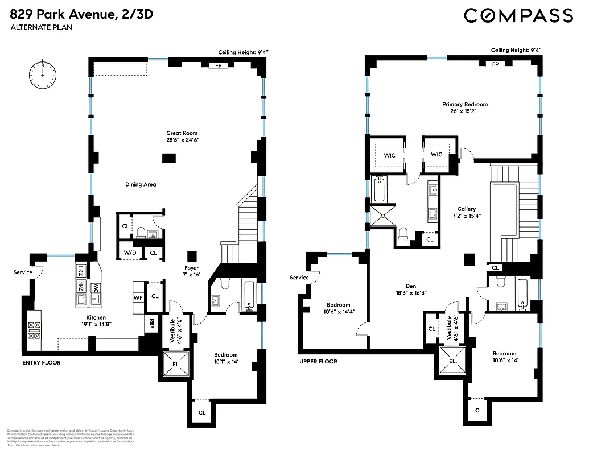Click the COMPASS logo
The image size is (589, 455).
(x=518, y=15)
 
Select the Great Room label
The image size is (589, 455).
(x=182, y=136)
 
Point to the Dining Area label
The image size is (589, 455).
(x=141, y=184)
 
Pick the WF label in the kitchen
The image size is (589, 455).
(x=138, y=297)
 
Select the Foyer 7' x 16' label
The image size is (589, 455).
(x=191, y=270)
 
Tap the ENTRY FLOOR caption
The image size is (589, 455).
(x=41, y=362)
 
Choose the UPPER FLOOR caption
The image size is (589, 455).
(x=318, y=361)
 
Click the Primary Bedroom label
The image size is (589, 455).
(x=465, y=107)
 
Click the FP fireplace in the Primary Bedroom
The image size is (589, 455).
(x=495, y=65)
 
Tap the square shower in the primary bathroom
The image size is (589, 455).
(x=382, y=216)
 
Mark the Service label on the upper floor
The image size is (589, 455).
(x=299, y=278)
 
